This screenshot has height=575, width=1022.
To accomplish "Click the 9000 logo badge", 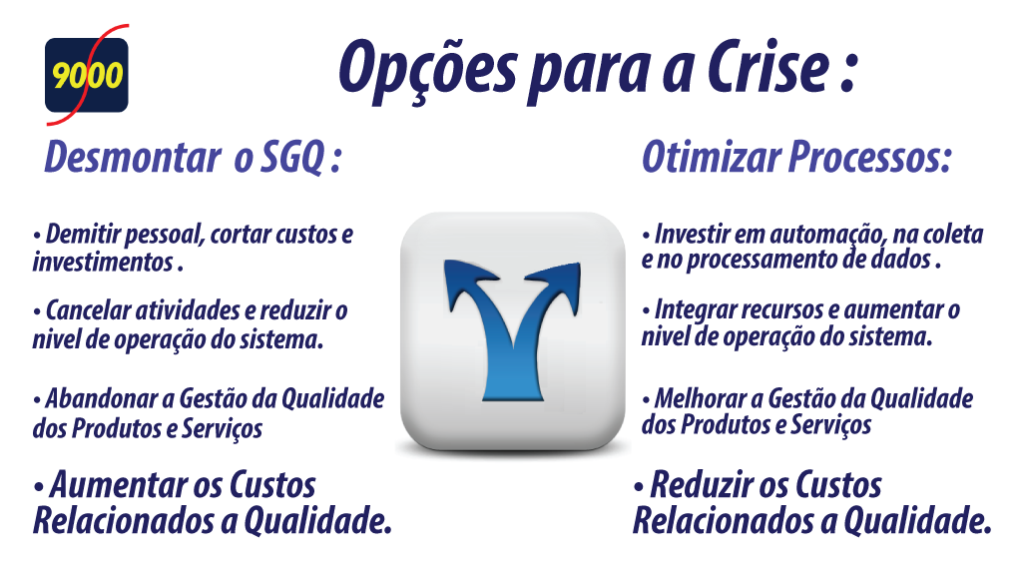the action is (x=87, y=75).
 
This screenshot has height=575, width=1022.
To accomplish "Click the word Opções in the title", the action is (x=428, y=70).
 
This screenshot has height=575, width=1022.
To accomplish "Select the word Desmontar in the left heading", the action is (x=133, y=157).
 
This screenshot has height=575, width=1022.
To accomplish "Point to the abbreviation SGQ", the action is (x=292, y=159).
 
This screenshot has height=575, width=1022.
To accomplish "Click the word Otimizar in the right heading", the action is (x=712, y=157).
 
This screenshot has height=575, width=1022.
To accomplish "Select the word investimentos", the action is (x=103, y=263).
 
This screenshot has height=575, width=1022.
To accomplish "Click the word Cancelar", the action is (x=88, y=310).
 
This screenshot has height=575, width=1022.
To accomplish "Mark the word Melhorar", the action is (x=700, y=398).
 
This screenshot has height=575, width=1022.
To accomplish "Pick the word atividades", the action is (x=187, y=310).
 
